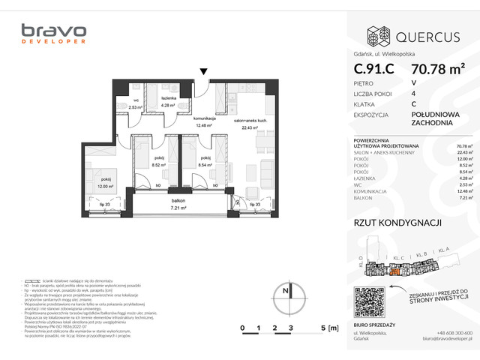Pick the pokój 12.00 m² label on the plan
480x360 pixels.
click(x=106, y=182)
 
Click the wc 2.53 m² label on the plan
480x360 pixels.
click(x=136, y=104)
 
